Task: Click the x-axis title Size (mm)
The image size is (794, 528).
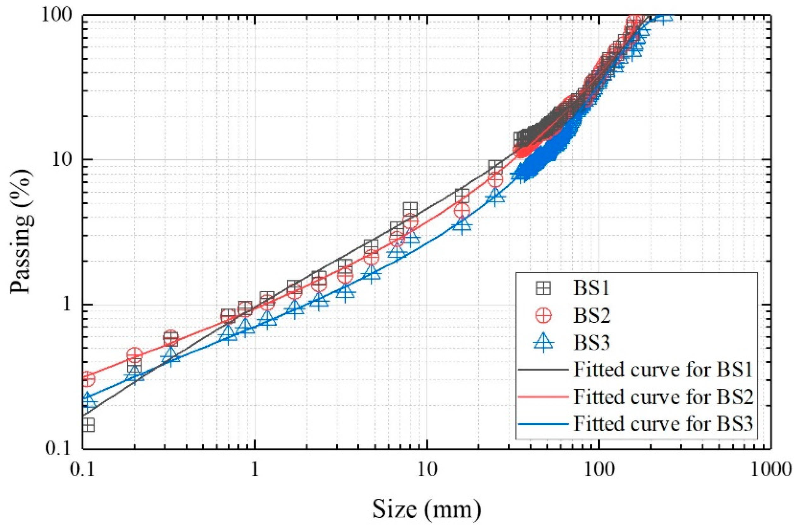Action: tap(427, 509)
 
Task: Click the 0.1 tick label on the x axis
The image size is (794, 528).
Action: tap(83, 469)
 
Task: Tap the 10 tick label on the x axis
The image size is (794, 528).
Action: tap(427, 469)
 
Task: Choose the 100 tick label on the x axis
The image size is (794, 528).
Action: tap(599, 469)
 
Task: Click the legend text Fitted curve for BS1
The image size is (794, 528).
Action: tap(663, 370)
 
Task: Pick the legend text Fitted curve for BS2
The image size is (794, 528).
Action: tap(663, 397)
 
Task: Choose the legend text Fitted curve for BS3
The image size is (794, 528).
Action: tap(663, 424)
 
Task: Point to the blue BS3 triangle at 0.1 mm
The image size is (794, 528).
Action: tap(88, 400)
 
